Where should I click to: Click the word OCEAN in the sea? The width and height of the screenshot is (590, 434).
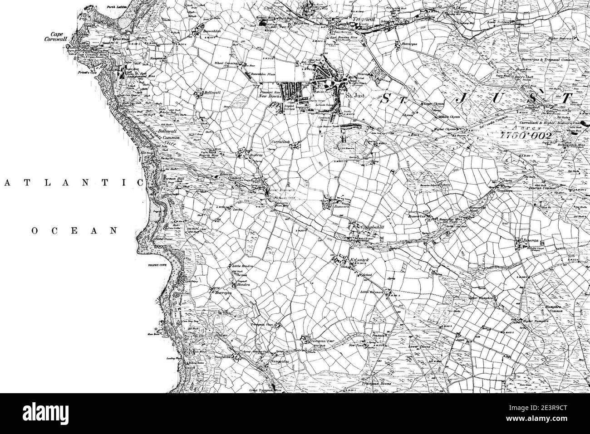pyautogui.click(x=74, y=231)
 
